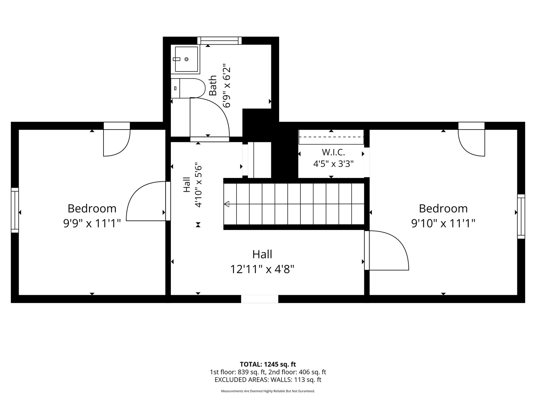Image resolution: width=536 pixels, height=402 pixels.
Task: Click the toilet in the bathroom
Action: (x=188, y=88)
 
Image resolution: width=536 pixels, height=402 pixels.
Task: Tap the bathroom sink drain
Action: (x=186, y=59)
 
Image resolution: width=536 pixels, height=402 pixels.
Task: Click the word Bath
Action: (x=213, y=86)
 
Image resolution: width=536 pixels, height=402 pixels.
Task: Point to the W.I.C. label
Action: (x=333, y=152)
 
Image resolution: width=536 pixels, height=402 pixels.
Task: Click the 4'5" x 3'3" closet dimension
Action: (x=333, y=163)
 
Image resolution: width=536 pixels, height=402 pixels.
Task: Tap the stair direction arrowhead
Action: (x=227, y=204)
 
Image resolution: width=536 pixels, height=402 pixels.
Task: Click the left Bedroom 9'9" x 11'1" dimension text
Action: (x=92, y=223)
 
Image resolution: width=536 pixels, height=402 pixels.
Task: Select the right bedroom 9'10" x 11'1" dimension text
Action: (x=443, y=223)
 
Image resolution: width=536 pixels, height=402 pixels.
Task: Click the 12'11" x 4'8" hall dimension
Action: (x=262, y=269)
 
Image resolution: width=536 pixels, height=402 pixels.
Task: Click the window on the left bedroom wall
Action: (x=15, y=210)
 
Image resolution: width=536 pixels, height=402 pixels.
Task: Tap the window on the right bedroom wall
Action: (x=521, y=217)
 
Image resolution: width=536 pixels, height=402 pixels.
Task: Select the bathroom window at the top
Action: (x=219, y=41)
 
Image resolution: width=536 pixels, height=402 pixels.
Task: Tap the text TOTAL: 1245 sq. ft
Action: (x=268, y=364)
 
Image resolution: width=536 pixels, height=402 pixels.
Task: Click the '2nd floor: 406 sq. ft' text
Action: (x=297, y=372)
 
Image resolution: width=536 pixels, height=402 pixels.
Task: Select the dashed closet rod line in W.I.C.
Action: (x=331, y=137)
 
